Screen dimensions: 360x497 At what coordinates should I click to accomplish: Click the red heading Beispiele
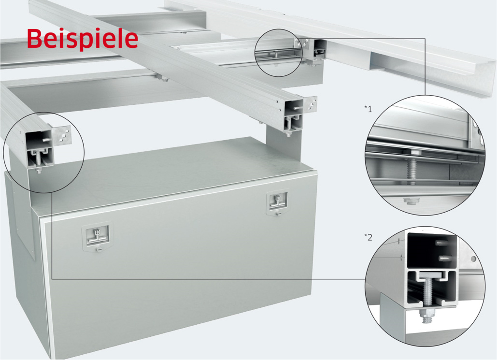[x=82, y=39]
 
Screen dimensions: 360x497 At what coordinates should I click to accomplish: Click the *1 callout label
[x=368, y=109]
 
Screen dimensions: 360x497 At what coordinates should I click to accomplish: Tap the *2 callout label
[x=368, y=237]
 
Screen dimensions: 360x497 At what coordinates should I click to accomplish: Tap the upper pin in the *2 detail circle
[x=443, y=243]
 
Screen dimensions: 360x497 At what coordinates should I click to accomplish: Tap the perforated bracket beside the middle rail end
[x=310, y=104]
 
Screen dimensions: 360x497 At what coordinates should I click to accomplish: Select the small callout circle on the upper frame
[x=279, y=53]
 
